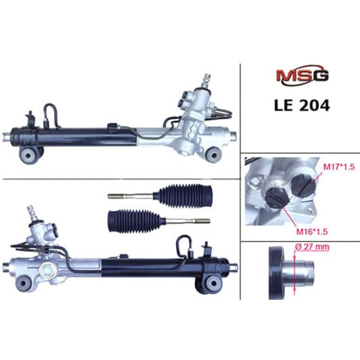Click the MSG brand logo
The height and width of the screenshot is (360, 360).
click(302, 75)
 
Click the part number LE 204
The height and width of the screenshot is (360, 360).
click(302, 106)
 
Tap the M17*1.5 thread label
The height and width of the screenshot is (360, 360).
click(339, 167)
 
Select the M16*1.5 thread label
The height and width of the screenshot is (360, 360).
click(312, 231)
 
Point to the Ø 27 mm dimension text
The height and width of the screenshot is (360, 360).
click(312, 247)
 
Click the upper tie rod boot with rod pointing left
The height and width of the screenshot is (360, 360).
click(160, 196)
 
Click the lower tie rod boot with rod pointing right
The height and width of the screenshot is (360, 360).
click(159, 221)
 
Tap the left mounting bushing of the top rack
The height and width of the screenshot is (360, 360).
click(28, 155)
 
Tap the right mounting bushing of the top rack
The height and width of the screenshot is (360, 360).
click(214, 155)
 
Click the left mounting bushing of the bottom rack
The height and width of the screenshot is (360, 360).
click(23, 283)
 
